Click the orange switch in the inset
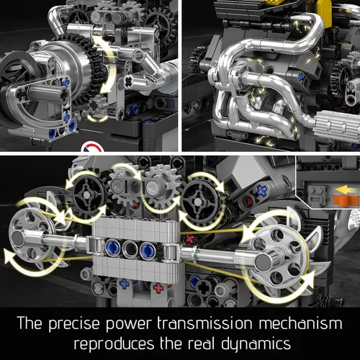coord(346,200)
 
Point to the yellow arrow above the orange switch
coord(346,190)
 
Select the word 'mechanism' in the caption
coord(301,323)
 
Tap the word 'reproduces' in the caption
coord(114,343)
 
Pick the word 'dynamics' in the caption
coord(256,344)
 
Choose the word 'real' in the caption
coord(201,343)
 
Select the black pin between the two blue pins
coord(130,249)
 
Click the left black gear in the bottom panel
coord(89,195)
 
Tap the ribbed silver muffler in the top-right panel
coord(336,125)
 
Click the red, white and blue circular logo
coord(92,147)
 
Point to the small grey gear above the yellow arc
coord(97,106)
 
